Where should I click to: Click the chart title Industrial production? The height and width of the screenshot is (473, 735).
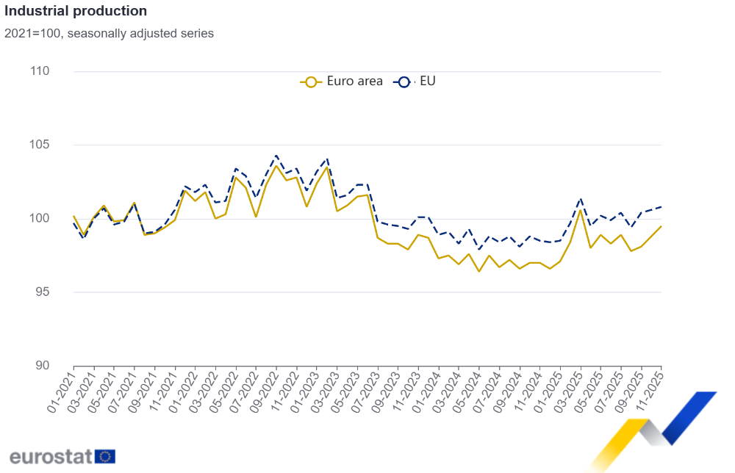(x=76, y=11)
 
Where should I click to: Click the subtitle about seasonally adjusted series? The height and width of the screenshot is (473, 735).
(x=109, y=33)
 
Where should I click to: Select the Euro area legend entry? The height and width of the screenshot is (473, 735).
(x=343, y=82)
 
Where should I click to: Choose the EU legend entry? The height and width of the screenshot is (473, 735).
(x=416, y=82)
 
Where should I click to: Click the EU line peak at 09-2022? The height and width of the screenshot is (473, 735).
(x=276, y=156)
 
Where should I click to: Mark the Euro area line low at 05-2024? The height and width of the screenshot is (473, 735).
(x=479, y=272)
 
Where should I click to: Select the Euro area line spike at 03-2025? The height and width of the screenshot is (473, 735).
(x=581, y=210)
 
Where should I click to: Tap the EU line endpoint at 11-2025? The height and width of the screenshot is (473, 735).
(x=661, y=206)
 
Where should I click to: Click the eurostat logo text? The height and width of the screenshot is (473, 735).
(x=50, y=456)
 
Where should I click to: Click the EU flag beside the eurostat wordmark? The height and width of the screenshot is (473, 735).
(x=105, y=456)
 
